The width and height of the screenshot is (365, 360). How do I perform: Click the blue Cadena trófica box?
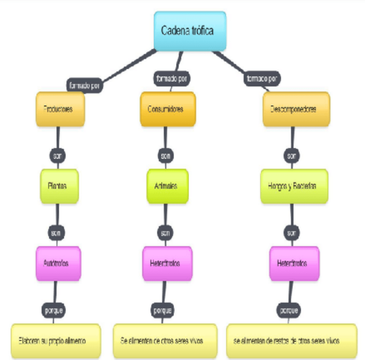pyautogui.click(x=190, y=31)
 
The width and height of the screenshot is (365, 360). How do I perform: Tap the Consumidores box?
pyautogui.click(x=168, y=109)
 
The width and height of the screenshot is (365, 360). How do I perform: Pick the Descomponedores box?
pyautogui.click(x=296, y=109)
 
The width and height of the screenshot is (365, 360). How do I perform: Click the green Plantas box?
pyautogui.click(x=59, y=186)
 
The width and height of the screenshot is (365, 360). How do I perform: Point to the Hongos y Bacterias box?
pyautogui.click(x=294, y=186)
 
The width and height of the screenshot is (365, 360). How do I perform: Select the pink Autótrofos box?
pyautogui.click(x=58, y=263)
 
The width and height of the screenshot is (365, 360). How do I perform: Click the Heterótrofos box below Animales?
pyautogui.click(x=167, y=263)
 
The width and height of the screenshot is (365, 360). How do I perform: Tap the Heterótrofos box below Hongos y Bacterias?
pyautogui.click(x=294, y=263)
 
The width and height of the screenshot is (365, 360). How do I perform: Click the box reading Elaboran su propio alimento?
pyautogui.click(x=56, y=341)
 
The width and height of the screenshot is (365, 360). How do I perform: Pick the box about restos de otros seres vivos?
pyautogui.click(x=291, y=341)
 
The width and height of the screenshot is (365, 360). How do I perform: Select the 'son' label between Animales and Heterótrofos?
pyautogui.click(x=165, y=233)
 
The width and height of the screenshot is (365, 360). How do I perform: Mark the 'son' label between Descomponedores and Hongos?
pyautogui.click(x=292, y=155)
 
